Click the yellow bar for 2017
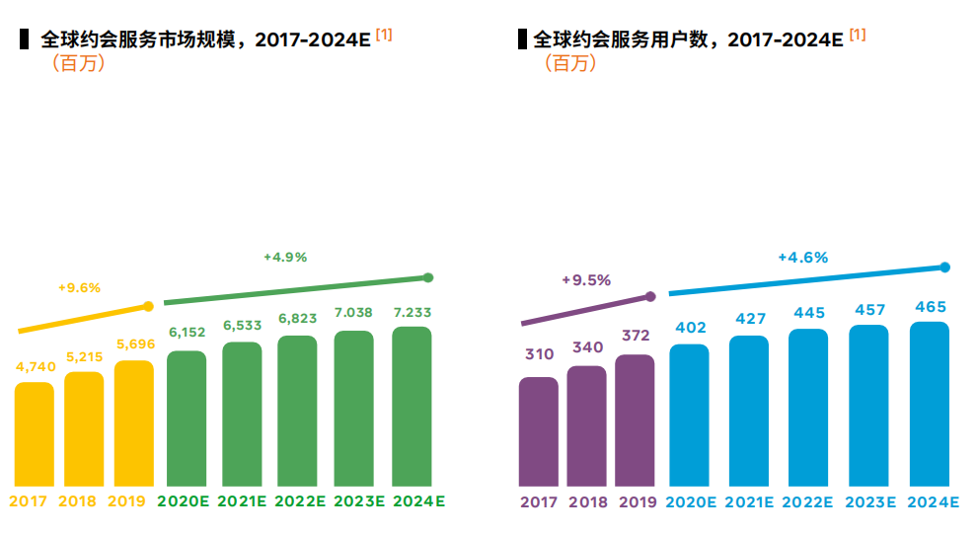[x=35, y=433]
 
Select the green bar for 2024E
[x=412, y=406]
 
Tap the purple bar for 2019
[x=635, y=420]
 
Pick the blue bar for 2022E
[x=808, y=407]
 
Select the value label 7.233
[x=412, y=311]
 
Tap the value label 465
[x=929, y=307]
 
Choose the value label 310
[x=539, y=353]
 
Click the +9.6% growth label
[x=79, y=287]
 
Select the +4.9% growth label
[x=285, y=257]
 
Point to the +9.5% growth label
[x=586, y=279]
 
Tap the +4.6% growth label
[x=802, y=257]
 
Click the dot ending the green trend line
[x=427, y=277]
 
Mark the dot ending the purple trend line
[x=650, y=296]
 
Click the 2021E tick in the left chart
[x=242, y=501]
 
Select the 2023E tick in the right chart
[x=868, y=501]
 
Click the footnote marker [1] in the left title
[x=384, y=35]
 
